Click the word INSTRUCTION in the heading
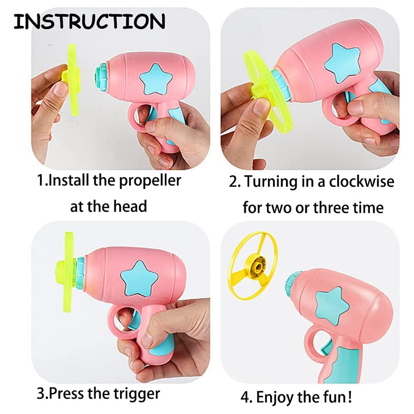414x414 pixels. tap(89, 21)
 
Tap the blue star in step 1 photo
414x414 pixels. tap(156, 79)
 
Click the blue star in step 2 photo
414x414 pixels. tap(342, 63)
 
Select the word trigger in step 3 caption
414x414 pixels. tap(137, 394)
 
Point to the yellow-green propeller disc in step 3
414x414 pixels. tap(68, 272)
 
